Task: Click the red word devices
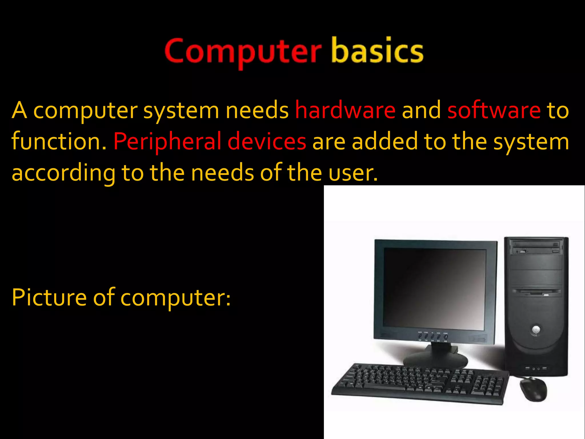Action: (x=267, y=141)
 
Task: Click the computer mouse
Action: (x=533, y=389)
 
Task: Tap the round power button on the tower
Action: (x=536, y=329)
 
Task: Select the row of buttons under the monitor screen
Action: (x=432, y=337)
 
